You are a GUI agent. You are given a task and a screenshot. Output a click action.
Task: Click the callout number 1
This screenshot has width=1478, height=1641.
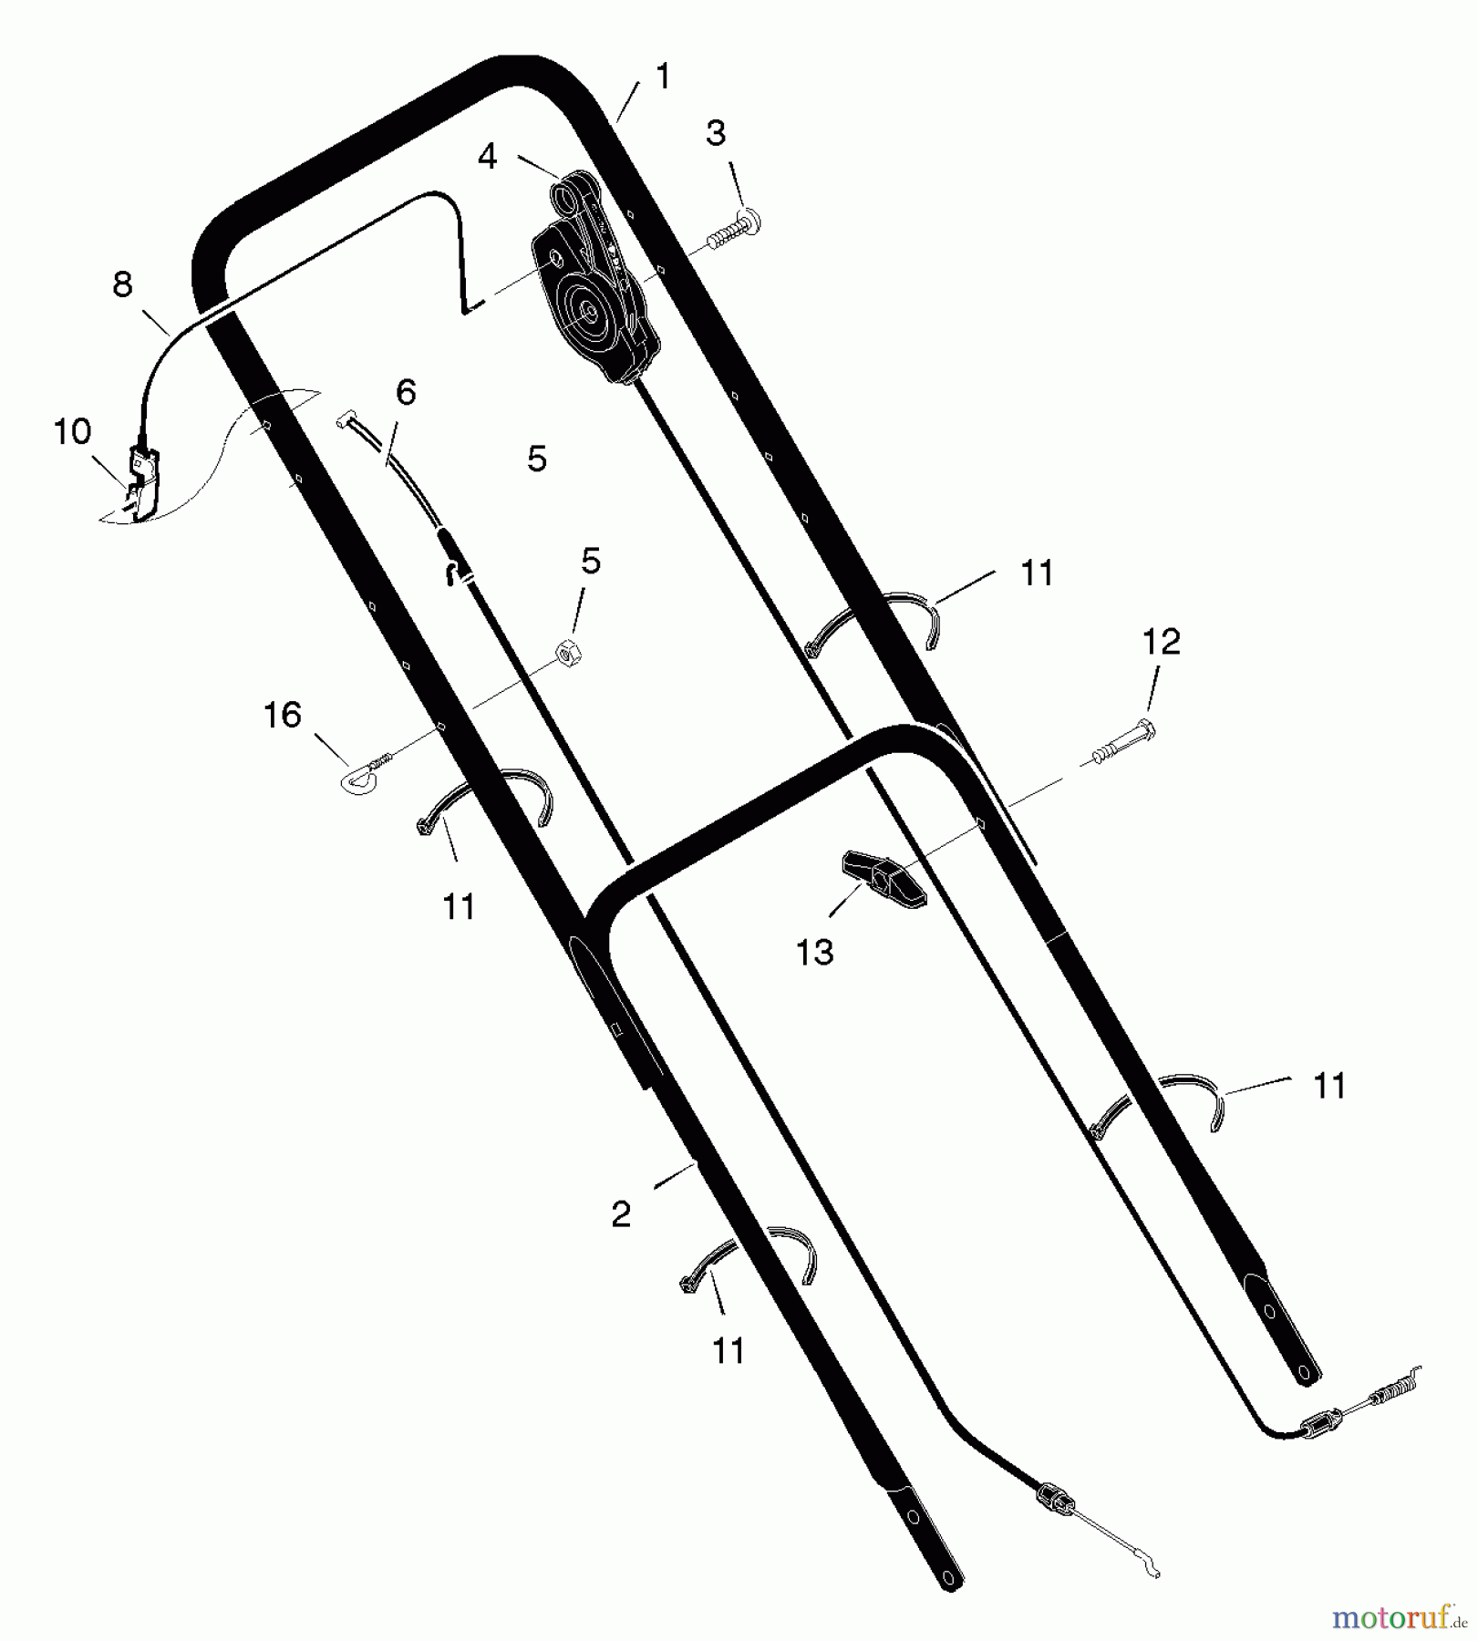point(663,77)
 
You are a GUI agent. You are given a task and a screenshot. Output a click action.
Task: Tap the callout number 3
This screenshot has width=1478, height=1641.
point(716,133)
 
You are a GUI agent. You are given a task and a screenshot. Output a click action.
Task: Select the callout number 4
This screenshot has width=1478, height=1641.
point(488,157)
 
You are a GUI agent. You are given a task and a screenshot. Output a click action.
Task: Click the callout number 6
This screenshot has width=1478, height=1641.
point(406,392)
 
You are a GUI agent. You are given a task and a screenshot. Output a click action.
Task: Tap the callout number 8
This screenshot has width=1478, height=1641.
point(122,284)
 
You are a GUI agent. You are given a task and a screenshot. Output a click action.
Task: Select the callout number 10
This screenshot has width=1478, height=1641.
point(72,431)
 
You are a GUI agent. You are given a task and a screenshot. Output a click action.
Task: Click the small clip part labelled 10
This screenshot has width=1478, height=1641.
point(143,481)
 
